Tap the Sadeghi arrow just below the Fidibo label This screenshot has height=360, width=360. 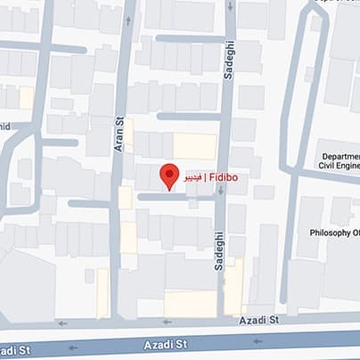[220, 200]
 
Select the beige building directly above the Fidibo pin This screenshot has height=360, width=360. [194, 146]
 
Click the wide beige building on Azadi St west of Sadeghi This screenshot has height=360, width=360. [190, 304]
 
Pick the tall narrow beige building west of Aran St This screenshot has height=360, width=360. [102, 292]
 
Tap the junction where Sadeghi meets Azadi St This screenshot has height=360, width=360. [221, 319]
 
